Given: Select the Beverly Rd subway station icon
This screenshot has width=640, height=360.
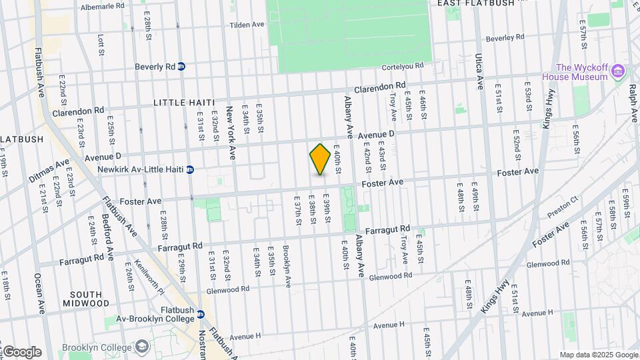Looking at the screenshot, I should [181, 67].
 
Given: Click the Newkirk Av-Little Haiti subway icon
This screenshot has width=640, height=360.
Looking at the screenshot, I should [190, 169].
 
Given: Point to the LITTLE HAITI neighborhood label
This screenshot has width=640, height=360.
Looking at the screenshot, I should [184, 103].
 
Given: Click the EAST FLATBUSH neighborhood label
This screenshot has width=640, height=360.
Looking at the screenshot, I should [475, 3].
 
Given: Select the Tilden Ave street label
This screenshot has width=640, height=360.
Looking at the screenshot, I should [247, 25].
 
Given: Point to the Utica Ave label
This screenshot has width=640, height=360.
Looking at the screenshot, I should [479, 72].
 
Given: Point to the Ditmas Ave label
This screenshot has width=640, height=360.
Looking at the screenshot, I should [49, 172].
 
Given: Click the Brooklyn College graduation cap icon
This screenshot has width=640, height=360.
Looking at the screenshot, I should [143, 347].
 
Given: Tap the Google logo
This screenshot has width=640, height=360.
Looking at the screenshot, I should [21, 352].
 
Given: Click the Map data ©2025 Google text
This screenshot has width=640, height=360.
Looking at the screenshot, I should [597, 355].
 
